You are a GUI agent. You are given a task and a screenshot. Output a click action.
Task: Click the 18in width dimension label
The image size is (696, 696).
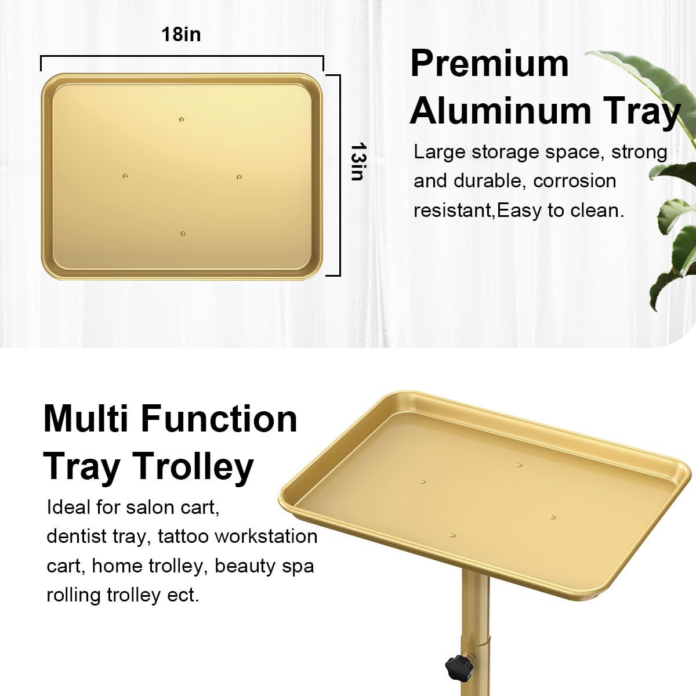pos(181,34)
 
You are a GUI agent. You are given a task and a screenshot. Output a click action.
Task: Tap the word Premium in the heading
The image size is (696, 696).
pos(490,64)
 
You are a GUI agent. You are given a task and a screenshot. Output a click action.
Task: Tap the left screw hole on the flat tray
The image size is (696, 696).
pos(125,175)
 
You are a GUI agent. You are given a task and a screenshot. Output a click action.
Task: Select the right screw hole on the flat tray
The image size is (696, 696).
pos(238,176)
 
